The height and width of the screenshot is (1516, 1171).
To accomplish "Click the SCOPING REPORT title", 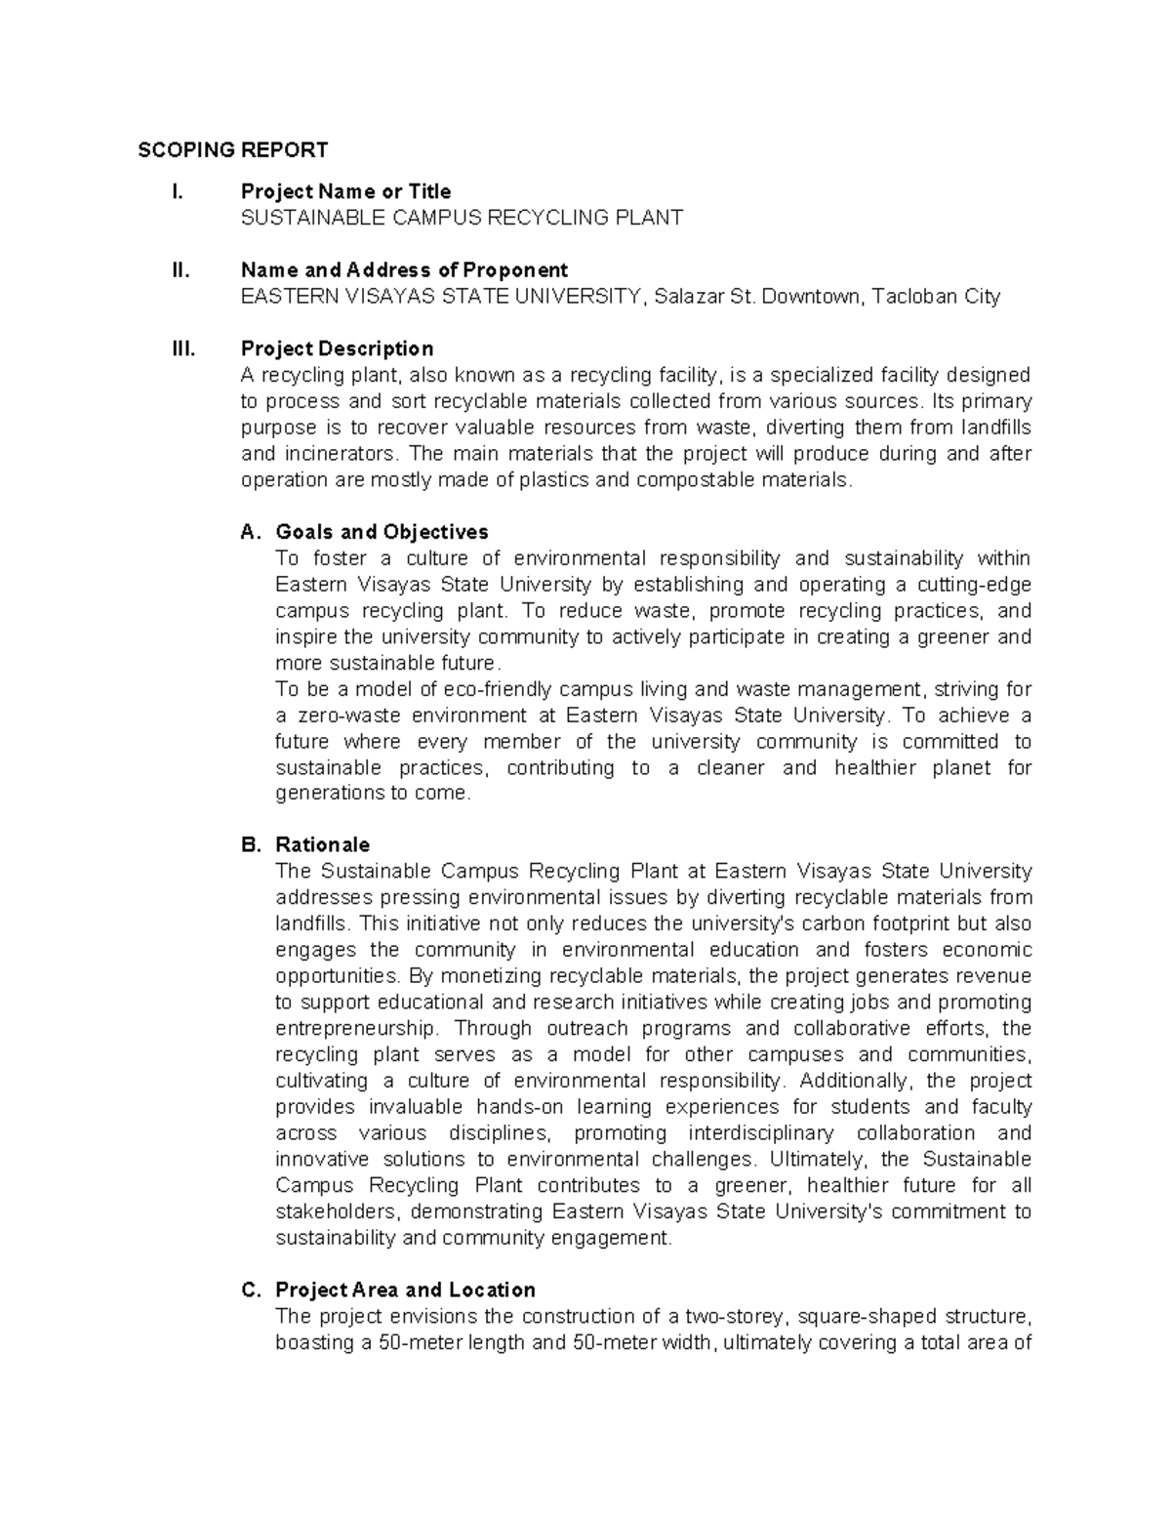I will (x=232, y=150).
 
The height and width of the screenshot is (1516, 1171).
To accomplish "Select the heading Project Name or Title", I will (x=345, y=191).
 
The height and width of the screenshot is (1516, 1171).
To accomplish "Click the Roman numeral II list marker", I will (x=181, y=270).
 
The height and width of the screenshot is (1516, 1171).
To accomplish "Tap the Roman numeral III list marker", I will (x=183, y=349).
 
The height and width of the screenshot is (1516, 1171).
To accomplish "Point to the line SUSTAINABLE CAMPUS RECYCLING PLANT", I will (x=462, y=218).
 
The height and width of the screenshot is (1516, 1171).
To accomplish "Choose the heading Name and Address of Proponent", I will (x=404, y=270).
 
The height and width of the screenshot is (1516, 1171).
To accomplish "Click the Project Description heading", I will (x=337, y=349).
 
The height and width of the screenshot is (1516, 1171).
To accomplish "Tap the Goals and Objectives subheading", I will (x=382, y=532).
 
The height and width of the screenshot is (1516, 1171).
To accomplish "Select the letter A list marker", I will (x=251, y=532).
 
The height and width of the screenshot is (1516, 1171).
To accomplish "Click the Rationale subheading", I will (x=322, y=844).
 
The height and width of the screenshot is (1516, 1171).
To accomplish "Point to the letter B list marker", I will (x=251, y=844).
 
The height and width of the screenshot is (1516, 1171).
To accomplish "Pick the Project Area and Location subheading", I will (x=405, y=1290).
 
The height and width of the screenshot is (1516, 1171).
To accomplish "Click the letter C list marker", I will (x=251, y=1290).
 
